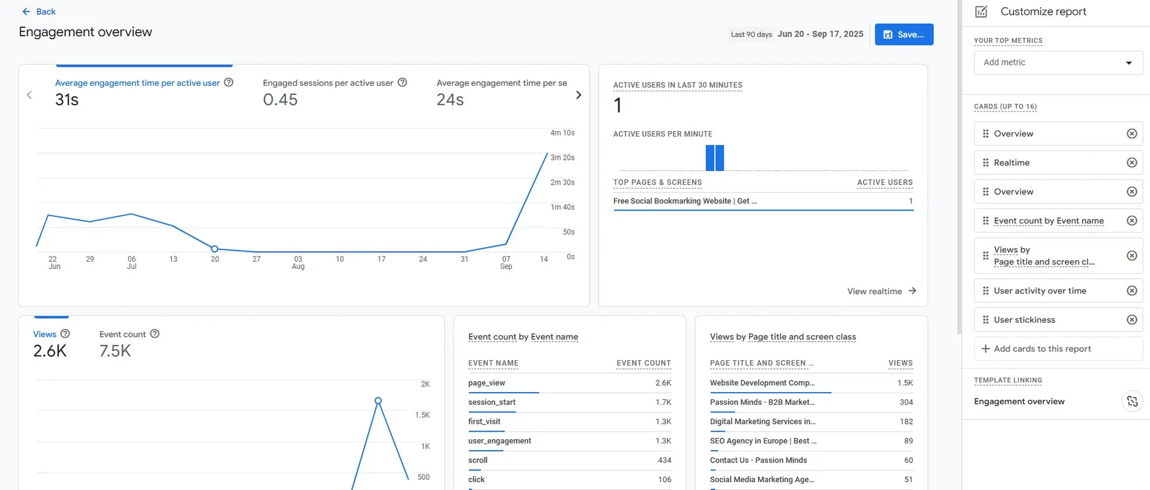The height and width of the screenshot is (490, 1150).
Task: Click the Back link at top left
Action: click(39, 12)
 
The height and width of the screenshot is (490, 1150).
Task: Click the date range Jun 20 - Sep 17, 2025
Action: click(820, 34)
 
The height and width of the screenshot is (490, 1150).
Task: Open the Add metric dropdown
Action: click(1057, 62)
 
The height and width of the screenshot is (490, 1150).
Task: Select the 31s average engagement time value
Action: click(67, 100)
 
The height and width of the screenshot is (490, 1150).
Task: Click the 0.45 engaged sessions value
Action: click(280, 100)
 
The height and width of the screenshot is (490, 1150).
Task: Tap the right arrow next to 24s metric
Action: click(578, 95)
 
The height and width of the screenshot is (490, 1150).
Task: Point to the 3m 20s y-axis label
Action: click(562, 157)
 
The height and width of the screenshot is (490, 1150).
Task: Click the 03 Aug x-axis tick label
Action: click(298, 262)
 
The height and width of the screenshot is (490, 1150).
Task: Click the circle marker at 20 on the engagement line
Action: click(214, 249)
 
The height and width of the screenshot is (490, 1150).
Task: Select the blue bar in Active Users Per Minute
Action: click(714, 158)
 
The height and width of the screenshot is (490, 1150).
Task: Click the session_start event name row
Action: click(491, 402)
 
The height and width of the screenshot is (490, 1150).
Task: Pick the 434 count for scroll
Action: click(664, 460)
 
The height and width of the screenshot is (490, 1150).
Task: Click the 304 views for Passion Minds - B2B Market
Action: click(906, 402)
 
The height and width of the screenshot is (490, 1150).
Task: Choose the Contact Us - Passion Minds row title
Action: click(758, 460)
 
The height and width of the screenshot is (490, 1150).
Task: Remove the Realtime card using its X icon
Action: click(1132, 163)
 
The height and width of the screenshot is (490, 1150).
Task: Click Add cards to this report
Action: click(1042, 349)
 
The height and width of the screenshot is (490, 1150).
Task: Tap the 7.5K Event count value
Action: click(115, 351)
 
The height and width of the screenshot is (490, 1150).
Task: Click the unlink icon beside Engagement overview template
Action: click(1132, 401)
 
